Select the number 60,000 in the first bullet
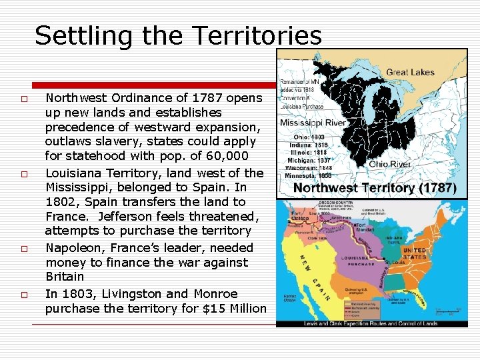point(228,156)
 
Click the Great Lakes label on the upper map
point(410,72)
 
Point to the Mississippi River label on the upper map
point(312,123)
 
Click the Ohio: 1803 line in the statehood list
point(308,136)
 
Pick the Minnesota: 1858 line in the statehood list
point(307,176)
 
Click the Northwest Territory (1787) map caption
point(375,189)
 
